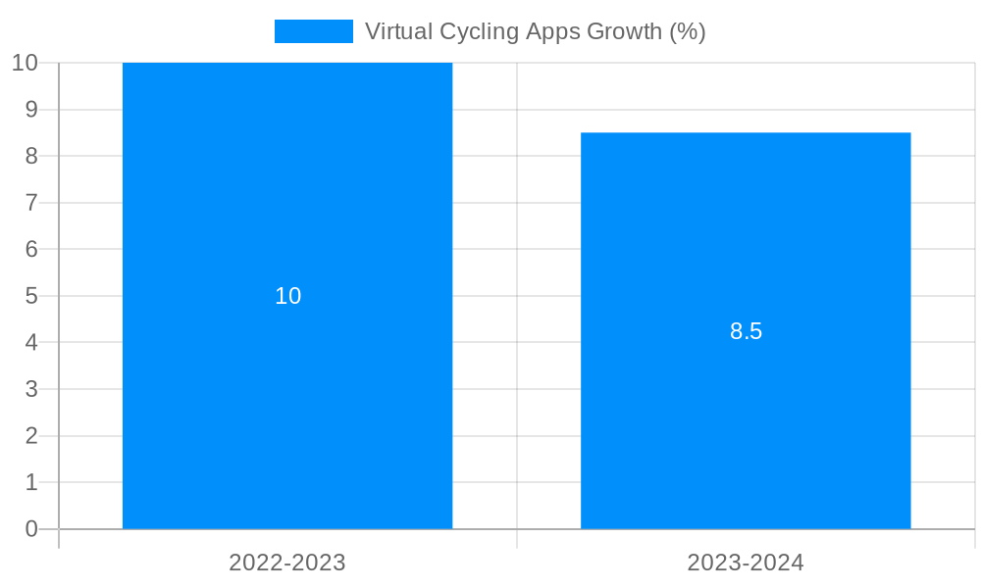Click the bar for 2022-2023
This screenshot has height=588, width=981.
coord(287,392)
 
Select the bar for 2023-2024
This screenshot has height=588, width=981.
coord(746,412)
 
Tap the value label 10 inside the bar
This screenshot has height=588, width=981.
coord(287,296)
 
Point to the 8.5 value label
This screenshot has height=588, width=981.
coord(746,331)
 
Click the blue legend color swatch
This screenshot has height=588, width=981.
coord(313,31)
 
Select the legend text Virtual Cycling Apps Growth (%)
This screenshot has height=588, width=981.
coord(535,31)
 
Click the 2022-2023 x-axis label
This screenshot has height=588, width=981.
coord(287,563)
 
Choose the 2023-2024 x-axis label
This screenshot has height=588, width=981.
coord(746,563)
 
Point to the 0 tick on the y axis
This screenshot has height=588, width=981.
coord(31,529)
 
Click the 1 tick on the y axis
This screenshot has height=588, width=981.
coord(31,482)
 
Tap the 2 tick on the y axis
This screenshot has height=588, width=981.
coord(31,436)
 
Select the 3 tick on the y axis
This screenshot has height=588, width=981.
coord(31,389)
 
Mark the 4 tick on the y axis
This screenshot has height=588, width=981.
coord(31,343)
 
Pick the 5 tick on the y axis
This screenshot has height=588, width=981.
coord(31,296)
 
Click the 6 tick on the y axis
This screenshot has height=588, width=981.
coord(31,249)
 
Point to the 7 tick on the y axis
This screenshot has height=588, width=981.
coord(31,203)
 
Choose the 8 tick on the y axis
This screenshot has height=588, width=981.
coord(31,156)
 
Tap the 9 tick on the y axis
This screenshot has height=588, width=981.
coord(31,110)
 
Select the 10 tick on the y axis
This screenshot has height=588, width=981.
coord(25,63)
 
